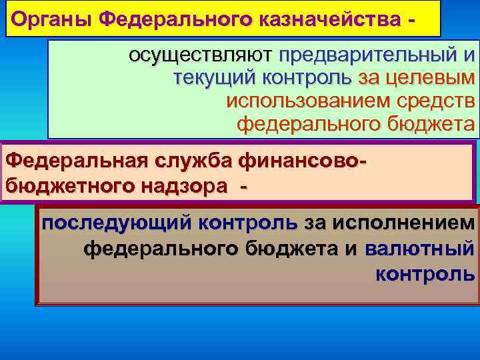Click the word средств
click(433, 101)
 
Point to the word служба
click(194, 161)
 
